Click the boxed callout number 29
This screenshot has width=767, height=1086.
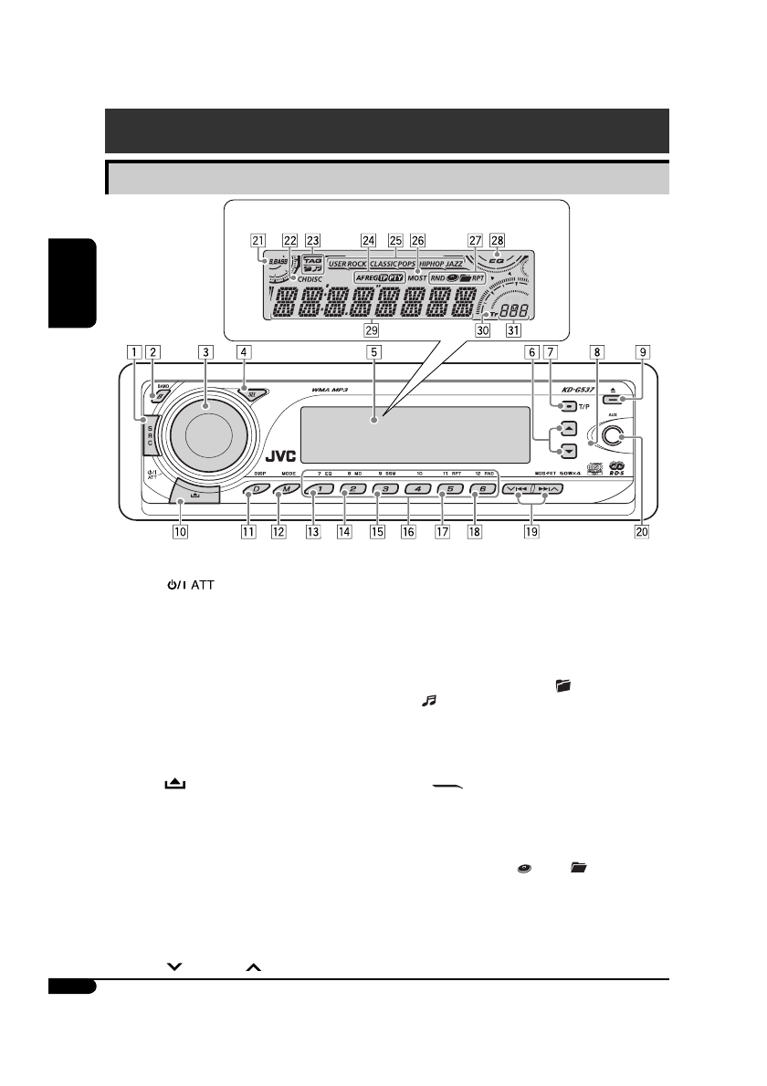[x=371, y=329]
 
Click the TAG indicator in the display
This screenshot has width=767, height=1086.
[x=313, y=258]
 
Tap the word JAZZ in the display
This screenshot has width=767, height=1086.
[x=453, y=263]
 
